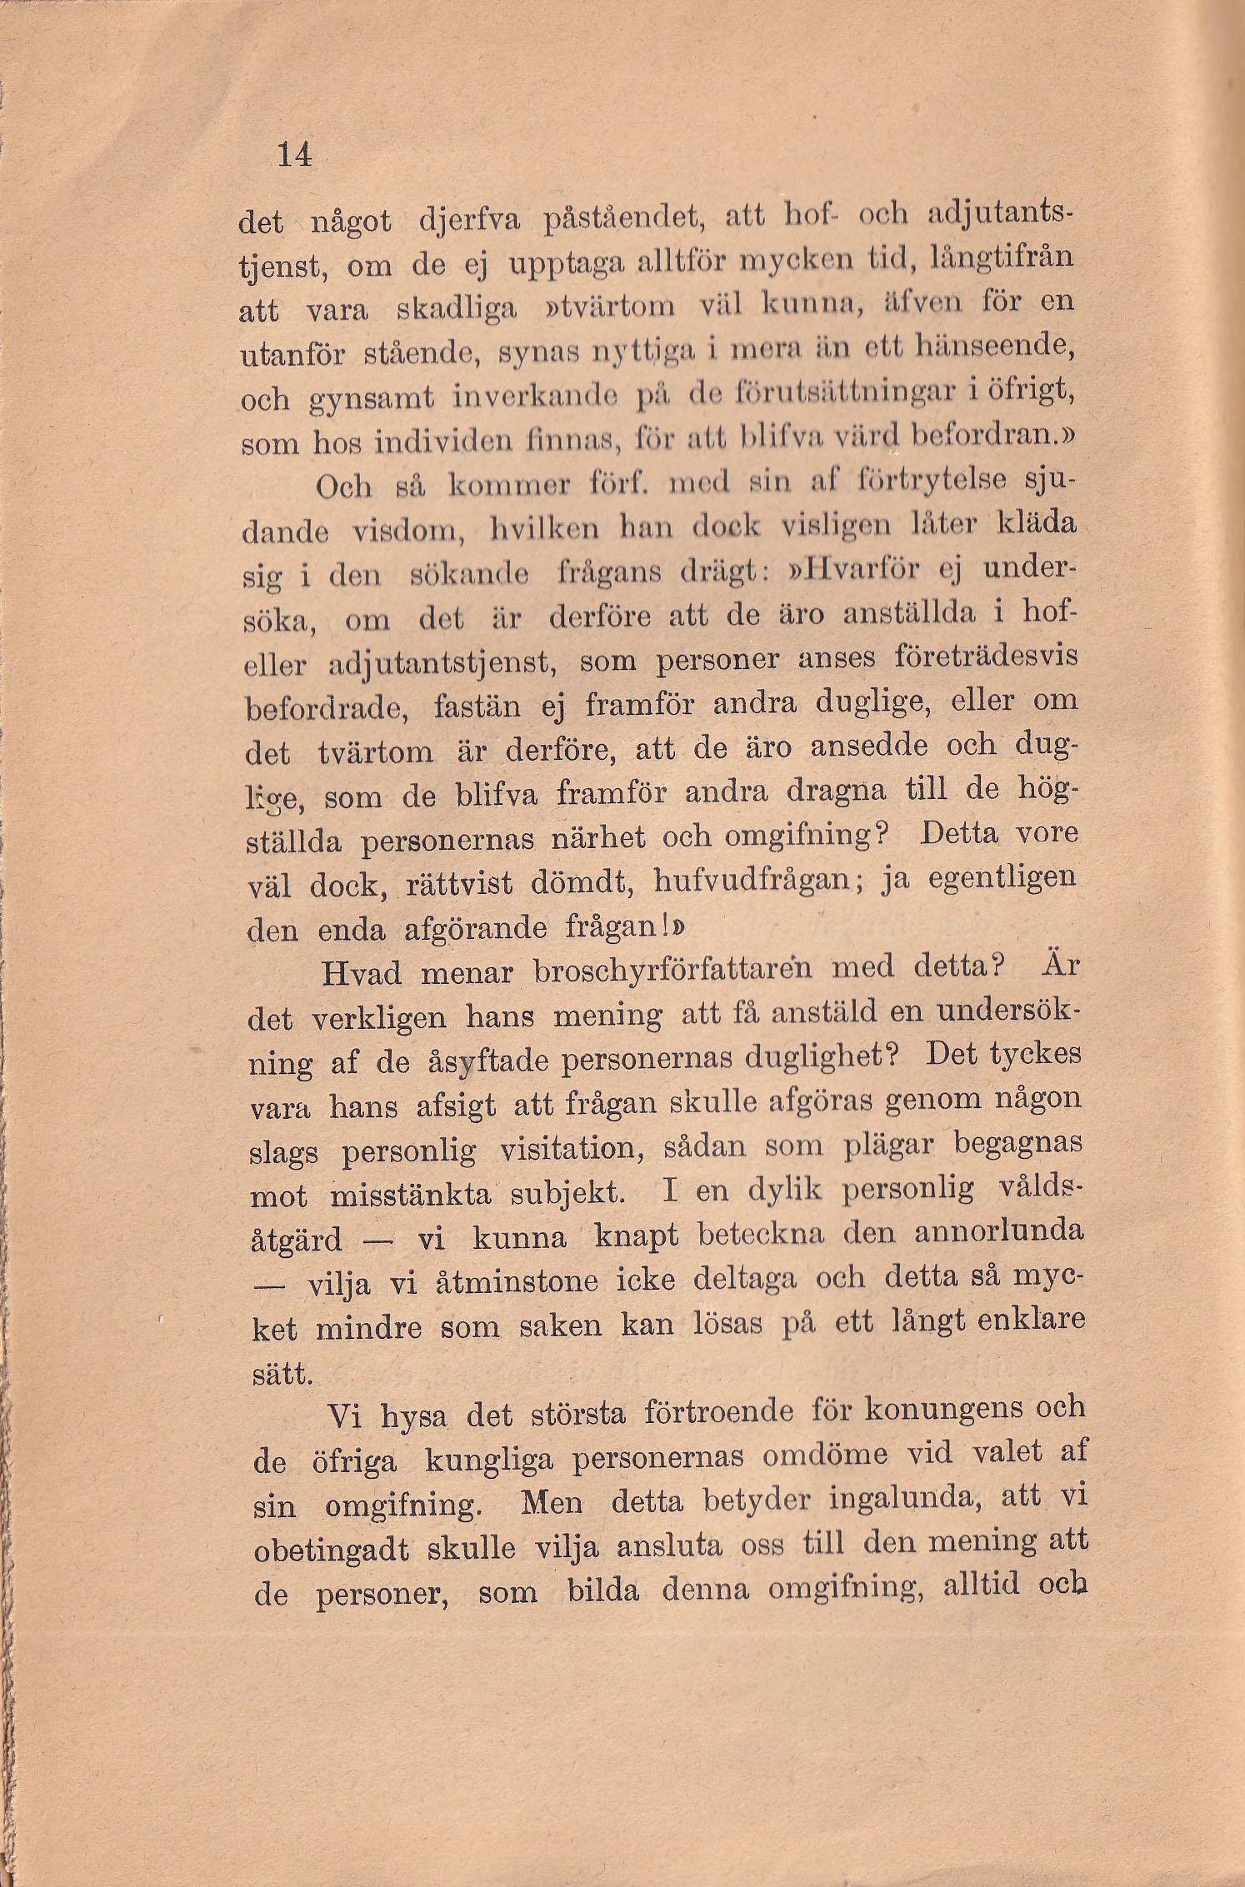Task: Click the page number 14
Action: pos(295,155)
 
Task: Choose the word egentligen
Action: pos(993,878)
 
